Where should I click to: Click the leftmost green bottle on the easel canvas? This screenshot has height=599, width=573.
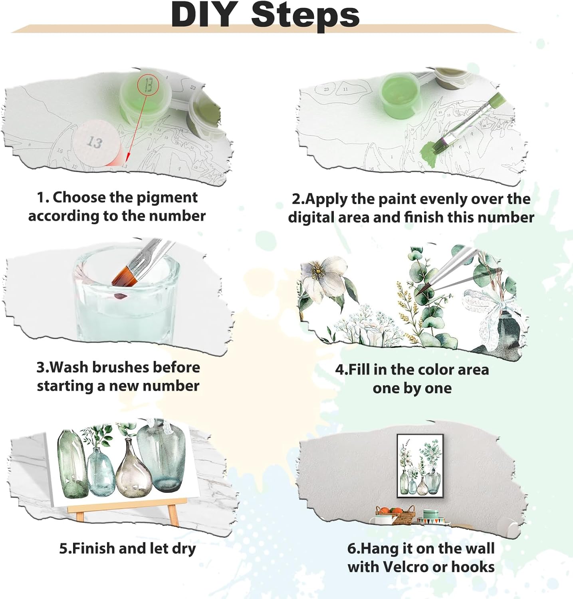pyautogui.click(x=72, y=463)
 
